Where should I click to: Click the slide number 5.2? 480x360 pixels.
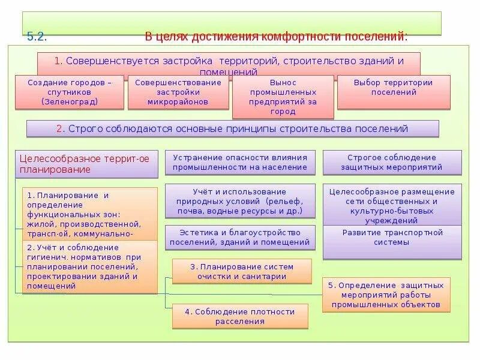click(37, 37)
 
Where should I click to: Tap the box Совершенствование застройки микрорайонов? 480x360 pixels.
click(178, 92)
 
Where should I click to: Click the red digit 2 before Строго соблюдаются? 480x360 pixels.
click(59, 128)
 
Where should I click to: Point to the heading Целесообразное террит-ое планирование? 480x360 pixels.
click(86, 164)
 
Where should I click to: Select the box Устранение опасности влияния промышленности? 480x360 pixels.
click(239, 163)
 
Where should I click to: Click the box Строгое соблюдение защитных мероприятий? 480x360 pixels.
click(392, 163)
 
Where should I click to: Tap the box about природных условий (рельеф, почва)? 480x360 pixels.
click(239, 201)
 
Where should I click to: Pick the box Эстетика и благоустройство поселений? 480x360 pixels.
click(239, 238)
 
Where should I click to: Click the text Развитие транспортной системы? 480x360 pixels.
click(392, 237)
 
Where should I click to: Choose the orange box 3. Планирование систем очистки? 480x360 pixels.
click(242, 271)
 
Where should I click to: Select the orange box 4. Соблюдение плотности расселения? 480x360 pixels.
click(240, 316)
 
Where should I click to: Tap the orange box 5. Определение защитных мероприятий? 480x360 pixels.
click(385, 295)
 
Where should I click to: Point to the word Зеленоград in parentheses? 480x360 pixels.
click(70, 101)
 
